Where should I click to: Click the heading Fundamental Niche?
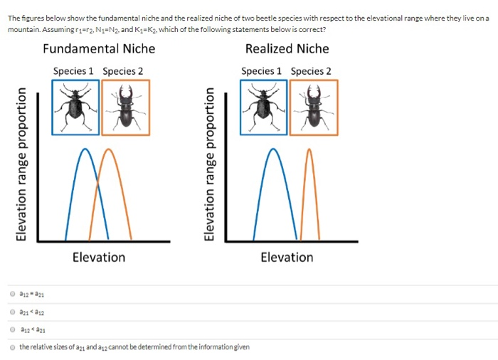[99, 49]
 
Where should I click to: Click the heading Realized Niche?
[287, 49]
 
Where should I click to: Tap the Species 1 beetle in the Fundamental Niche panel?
[75, 107]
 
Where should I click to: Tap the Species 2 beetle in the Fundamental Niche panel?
[126, 107]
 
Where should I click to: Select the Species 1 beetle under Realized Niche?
[263, 107]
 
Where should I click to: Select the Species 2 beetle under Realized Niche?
[314, 107]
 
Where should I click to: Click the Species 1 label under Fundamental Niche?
[73, 71]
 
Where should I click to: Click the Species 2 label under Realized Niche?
[311, 71]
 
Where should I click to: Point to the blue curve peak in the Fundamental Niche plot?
[86, 149]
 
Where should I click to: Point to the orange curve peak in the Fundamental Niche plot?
[108, 149]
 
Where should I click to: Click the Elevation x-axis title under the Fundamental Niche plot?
[99, 257]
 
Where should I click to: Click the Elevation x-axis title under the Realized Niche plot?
[287, 257]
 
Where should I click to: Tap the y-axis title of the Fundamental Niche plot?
[24, 165]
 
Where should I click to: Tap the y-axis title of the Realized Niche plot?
[211, 165]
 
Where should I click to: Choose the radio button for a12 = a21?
[13, 293]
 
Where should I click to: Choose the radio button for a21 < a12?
[13, 311]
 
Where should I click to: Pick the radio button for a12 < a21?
[13, 329]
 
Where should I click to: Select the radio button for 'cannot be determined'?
[13, 346]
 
